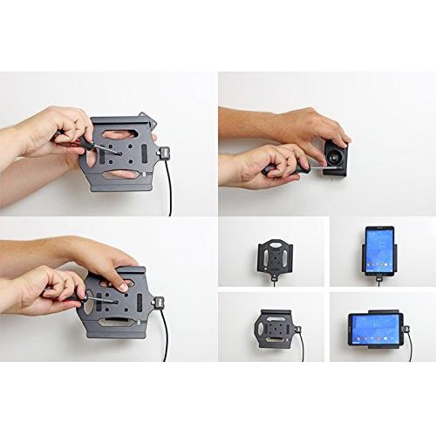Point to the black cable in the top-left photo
click(168, 187)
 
